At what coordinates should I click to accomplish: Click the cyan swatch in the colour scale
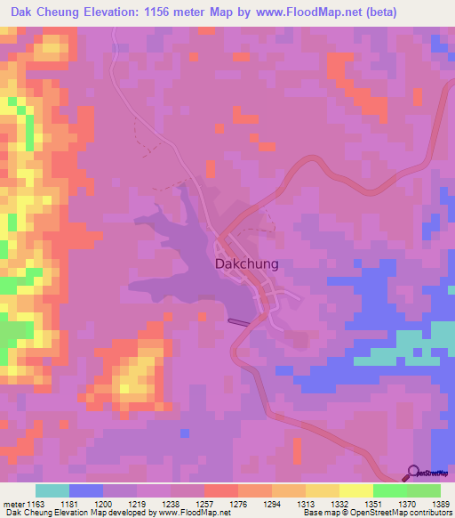tap(52, 490)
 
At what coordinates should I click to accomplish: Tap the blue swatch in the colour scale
tap(86, 490)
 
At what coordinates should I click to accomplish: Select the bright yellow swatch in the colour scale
tap(355, 490)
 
